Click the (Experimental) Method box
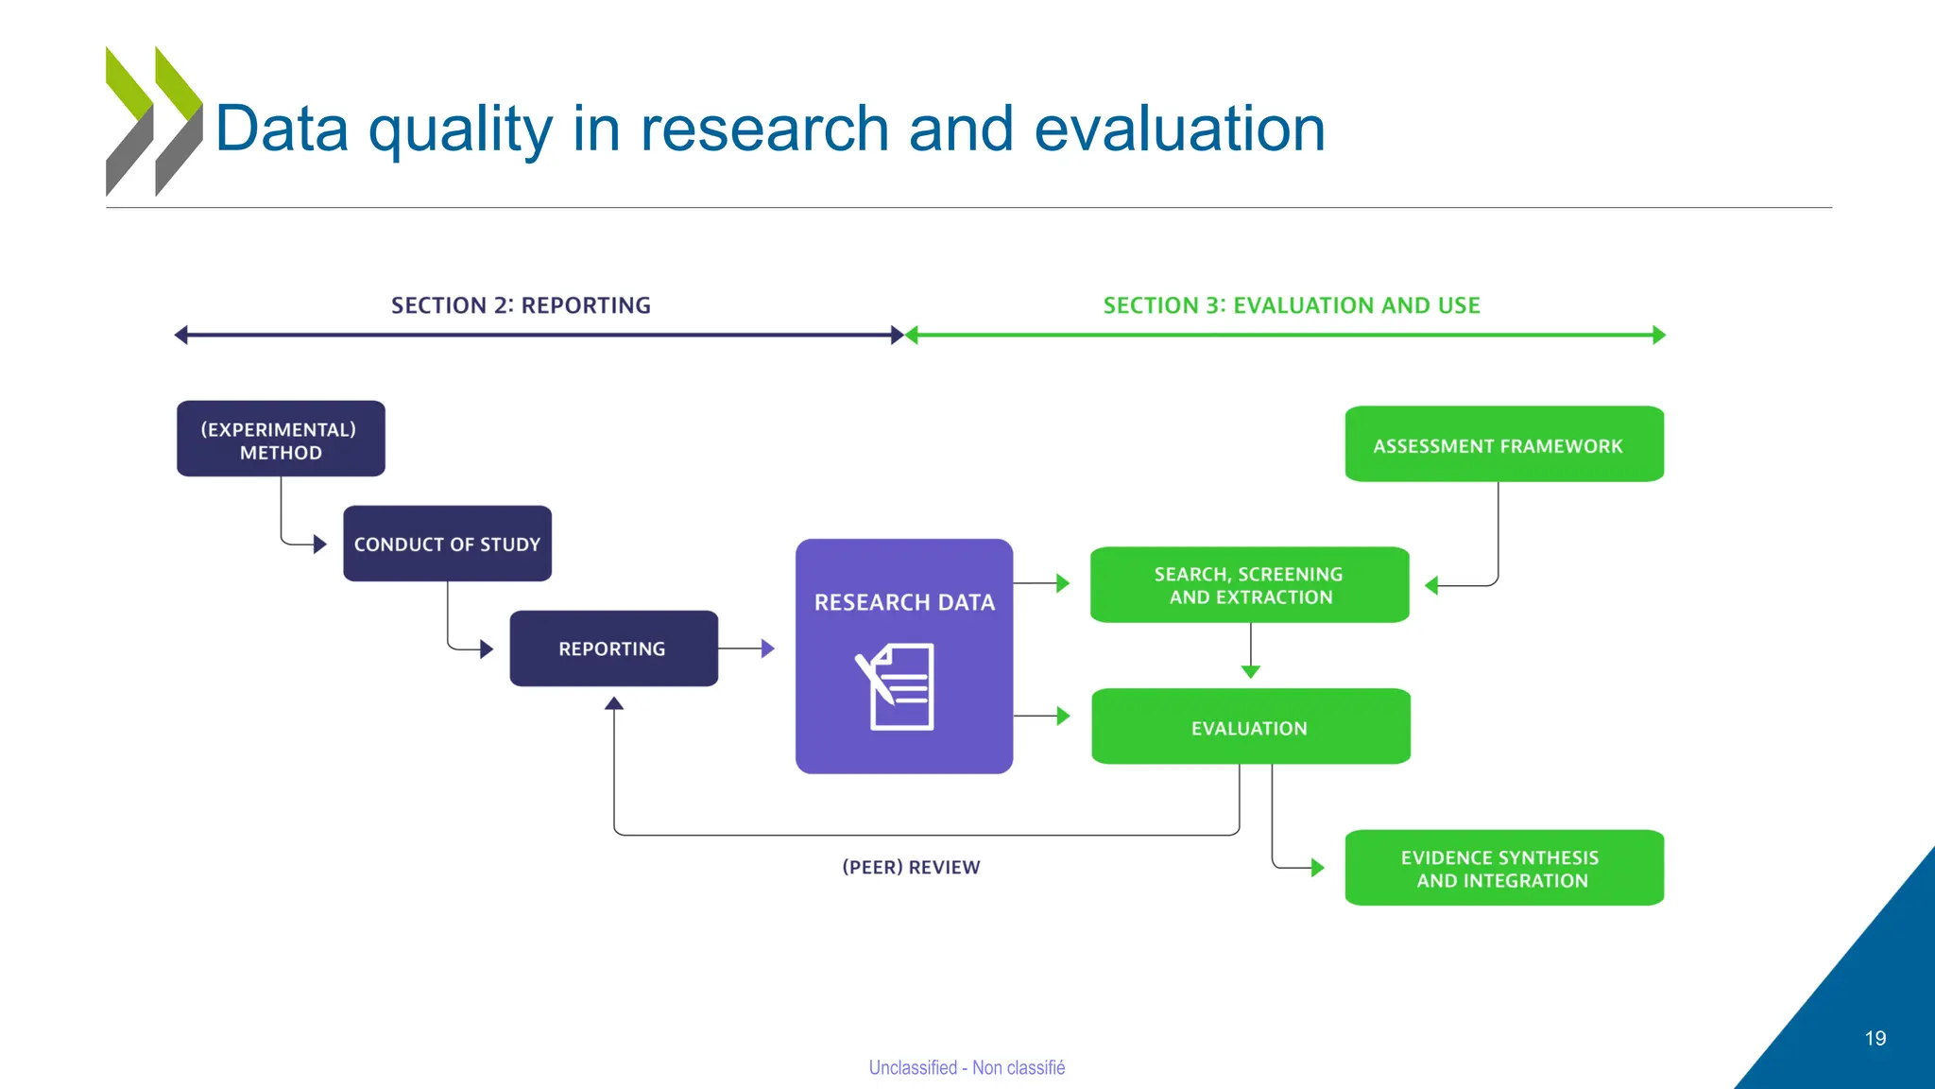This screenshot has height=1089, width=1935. coord(281,439)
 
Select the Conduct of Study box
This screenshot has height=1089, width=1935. coord(447,544)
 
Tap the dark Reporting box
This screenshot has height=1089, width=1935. coord(613,648)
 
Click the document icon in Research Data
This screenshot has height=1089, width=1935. coord(897,686)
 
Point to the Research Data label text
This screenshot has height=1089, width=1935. coord(904,602)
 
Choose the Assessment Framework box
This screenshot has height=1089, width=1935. coord(1503,444)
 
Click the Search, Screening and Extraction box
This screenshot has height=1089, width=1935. coord(1249,585)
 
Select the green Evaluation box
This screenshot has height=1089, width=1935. coord(1250,727)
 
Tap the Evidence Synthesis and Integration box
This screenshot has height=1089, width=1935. coord(1503,868)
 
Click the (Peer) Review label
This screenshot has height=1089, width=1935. coord(911,867)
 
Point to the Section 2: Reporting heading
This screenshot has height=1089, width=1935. coord(521,305)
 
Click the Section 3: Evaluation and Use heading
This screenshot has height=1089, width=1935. coord(1291,305)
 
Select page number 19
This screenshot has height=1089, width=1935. coord(1875,1038)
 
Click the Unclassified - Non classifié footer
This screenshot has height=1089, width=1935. coord(967,1067)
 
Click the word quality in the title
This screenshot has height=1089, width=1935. coord(459,130)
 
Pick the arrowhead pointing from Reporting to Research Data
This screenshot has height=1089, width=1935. coord(768,648)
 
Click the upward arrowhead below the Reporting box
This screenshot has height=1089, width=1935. coord(614,703)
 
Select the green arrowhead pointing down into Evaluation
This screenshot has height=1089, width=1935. coord(1250,671)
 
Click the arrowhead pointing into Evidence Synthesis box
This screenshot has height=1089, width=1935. coord(1318,868)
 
